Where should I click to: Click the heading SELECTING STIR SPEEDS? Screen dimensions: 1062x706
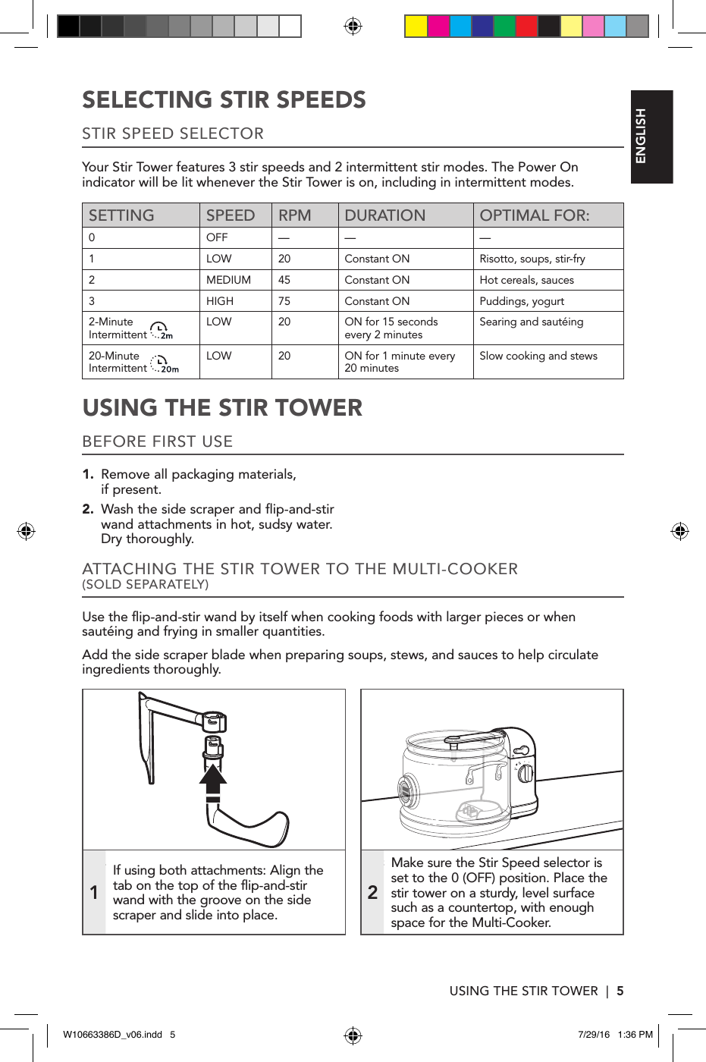tap(224, 100)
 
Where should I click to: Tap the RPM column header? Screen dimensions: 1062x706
tap(294, 215)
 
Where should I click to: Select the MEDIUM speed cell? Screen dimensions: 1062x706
tap(228, 280)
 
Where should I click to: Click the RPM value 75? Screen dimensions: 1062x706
tap(284, 301)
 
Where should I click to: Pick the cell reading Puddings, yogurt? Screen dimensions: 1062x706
tap(522, 301)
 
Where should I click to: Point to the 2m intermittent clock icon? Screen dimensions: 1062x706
tap(161, 330)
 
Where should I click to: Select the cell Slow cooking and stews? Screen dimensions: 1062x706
tap(538, 356)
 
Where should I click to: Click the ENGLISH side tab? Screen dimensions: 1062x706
tap(651, 137)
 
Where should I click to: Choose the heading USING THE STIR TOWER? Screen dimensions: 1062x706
tap(222, 408)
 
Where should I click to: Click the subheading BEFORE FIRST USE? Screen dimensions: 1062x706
tap(157, 441)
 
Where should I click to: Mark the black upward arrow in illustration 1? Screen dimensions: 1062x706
tap(213, 782)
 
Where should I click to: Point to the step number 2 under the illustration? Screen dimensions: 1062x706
tap(372, 893)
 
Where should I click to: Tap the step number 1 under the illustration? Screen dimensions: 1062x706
tap(94, 893)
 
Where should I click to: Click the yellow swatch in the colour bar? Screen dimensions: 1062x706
tap(416, 27)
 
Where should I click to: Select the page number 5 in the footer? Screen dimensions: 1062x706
tap(620, 991)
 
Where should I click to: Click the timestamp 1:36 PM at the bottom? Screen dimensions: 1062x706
tap(635, 1035)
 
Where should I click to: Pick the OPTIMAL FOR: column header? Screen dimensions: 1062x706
tap(534, 215)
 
